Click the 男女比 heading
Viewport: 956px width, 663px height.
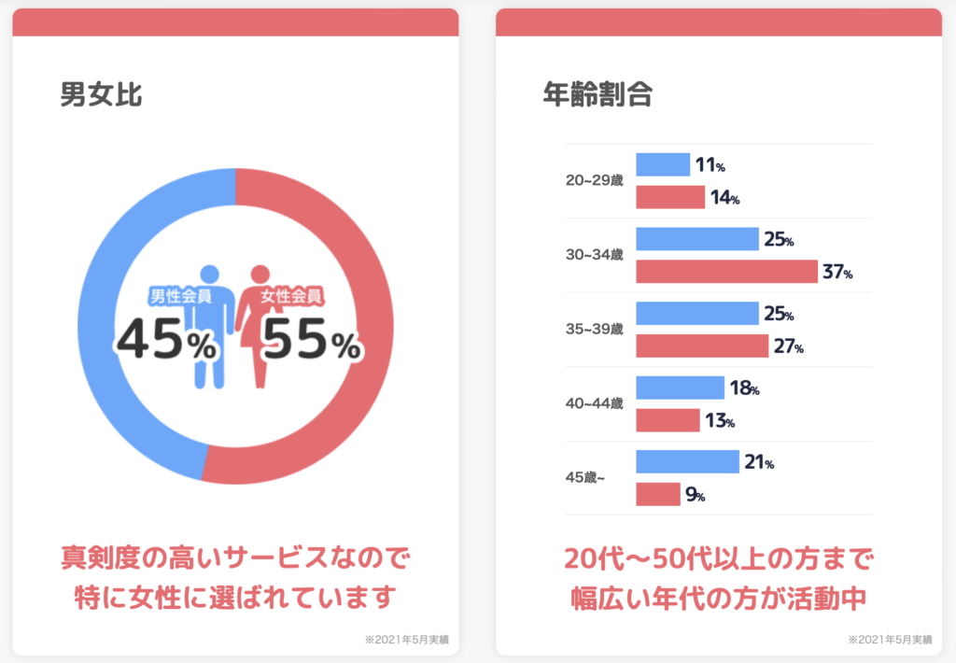pos(101,94)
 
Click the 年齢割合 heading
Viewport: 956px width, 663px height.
pos(597,94)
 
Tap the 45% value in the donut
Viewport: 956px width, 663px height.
pos(165,342)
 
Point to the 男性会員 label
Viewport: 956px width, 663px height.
pos(180,297)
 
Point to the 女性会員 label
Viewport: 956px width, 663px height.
pos(291,297)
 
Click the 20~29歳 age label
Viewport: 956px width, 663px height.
pos(594,180)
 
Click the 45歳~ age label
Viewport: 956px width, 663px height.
pos(585,478)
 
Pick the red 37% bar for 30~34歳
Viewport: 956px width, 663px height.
pos(726,272)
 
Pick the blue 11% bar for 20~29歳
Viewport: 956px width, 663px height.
pos(663,164)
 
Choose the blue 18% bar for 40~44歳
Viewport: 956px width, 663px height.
pos(680,388)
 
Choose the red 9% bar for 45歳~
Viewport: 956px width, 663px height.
pos(658,494)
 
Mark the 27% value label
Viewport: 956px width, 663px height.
pos(787,346)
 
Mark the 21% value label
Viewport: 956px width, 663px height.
pos(759,462)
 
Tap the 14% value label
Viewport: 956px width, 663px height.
pos(724,198)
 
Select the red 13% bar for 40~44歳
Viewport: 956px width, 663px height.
pos(668,420)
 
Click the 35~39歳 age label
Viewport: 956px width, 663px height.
pos(594,330)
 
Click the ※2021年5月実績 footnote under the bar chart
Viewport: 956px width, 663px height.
pos(889,640)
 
